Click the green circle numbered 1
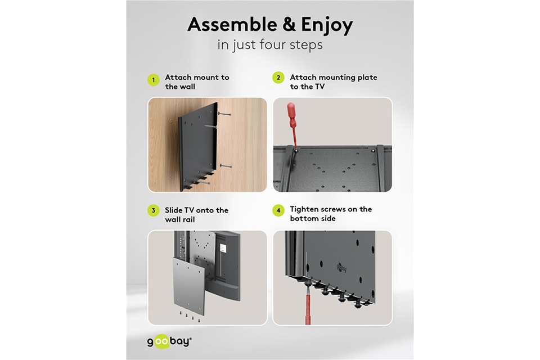[x=153, y=80]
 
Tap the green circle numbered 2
[x=278, y=78]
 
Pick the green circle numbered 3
[x=153, y=210]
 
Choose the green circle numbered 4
[x=278, y=210]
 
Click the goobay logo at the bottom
[x=169, y=342]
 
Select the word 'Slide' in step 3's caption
[x=174, y=210]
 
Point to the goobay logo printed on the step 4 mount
[x=341, y=268]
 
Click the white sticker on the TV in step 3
[x=223, y=249]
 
